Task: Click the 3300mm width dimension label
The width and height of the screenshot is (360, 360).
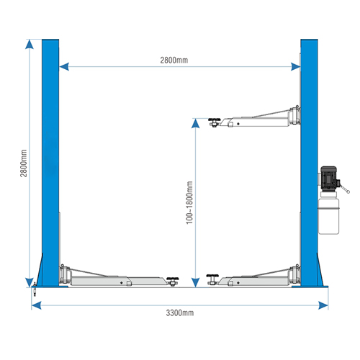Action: click(x=180, y=312)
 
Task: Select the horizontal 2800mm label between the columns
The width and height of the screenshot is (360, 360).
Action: click(x=174, y=60)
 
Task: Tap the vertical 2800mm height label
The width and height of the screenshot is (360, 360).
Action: click(x=24, y=163)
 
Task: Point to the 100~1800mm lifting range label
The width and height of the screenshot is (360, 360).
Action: click(x=189, y=203)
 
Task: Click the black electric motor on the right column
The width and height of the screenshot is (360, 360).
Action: click(x=329, y=179)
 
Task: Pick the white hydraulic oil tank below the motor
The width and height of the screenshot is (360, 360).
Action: click(x=328, y=213)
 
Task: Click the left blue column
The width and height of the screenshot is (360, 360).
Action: click(x=50, y=163)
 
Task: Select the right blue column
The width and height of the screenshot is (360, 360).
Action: click(x=309, y=163)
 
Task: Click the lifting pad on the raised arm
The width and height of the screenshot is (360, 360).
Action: click(x=214, y=122)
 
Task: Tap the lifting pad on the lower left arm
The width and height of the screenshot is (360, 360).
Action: click(x=173, y=281)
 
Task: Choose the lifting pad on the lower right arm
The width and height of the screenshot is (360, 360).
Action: click(x=212, y=279)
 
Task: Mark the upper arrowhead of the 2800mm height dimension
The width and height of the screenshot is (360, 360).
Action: click(x=30, y=44)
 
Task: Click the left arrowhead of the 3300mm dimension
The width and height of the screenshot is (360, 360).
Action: click(x=36, y=305)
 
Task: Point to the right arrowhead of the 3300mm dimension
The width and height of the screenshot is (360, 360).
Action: click(x=323, y=305)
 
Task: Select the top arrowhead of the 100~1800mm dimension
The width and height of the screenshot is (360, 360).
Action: click(x=196, y=123)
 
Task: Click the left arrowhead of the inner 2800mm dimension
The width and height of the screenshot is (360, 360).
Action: click(x=64, y=66)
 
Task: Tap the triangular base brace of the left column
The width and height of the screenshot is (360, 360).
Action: click(x=40, y=271)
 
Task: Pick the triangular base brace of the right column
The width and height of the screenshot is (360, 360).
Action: click(x=320, y=271)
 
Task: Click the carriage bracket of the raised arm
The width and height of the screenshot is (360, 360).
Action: click(x=294, y=115)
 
